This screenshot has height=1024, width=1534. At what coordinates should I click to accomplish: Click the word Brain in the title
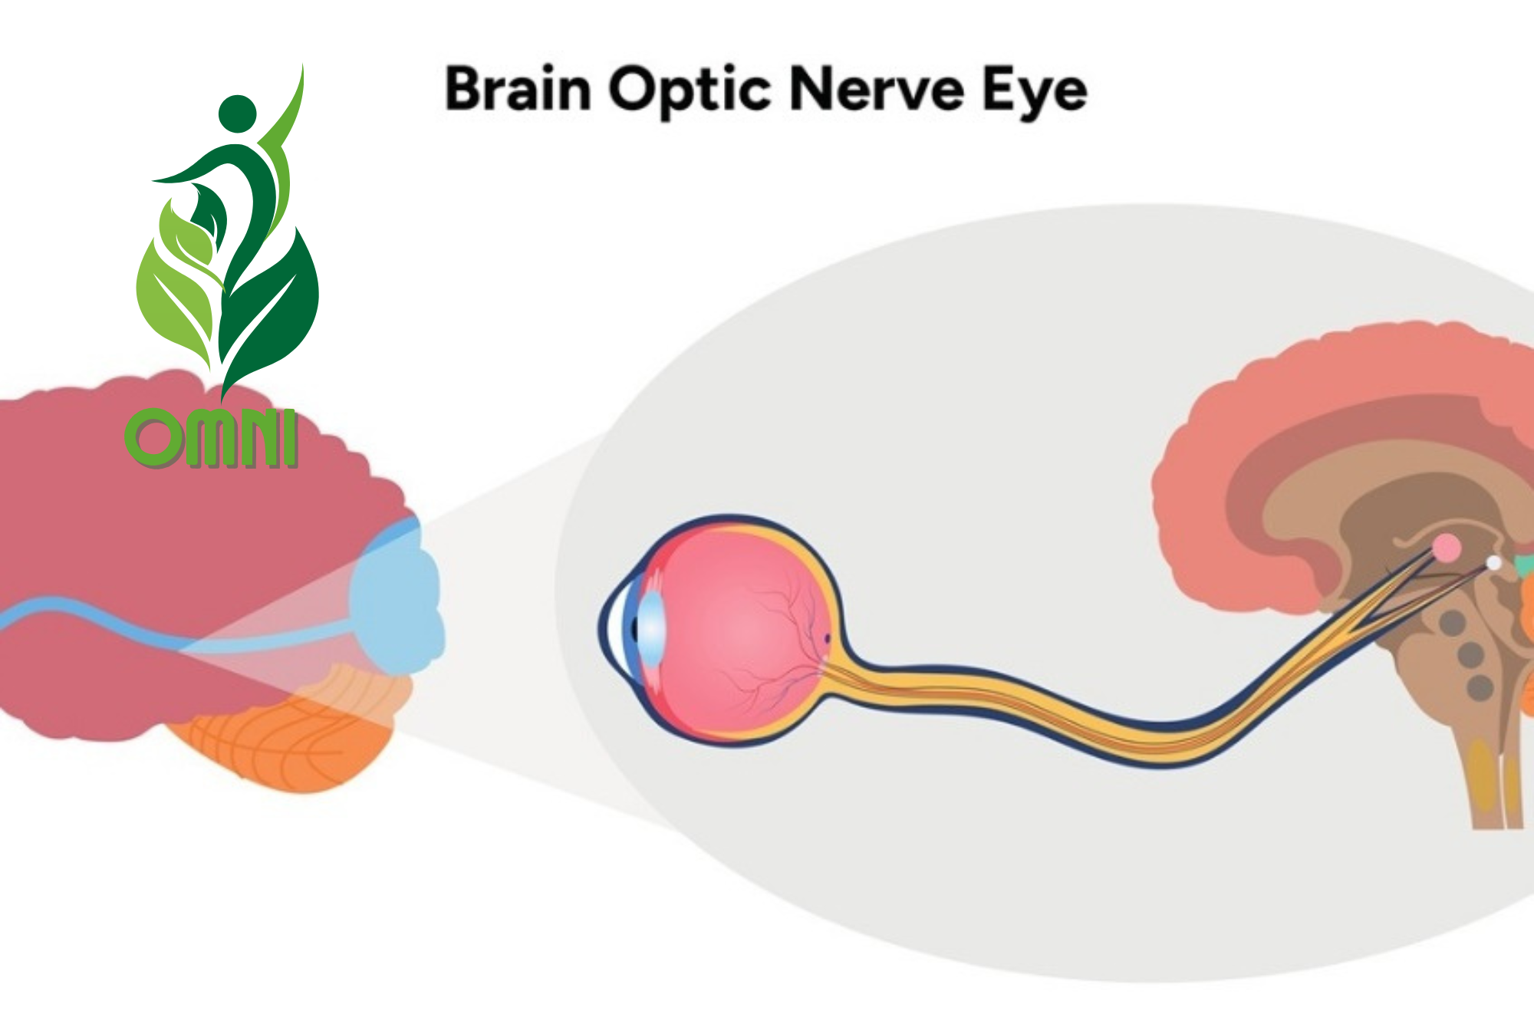[x=518, y=90]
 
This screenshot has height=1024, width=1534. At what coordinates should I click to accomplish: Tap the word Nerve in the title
[x=875, y=90]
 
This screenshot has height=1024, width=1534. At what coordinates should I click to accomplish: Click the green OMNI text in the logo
[x=211, y=439]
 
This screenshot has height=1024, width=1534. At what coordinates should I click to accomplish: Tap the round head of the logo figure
[x=237, y=114]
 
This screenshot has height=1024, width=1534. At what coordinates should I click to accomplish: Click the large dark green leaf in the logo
[x=272, y=307]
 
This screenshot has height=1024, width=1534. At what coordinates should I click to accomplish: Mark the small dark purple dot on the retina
[x=827, y=637]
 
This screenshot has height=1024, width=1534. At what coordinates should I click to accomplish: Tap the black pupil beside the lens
[x=635, y=629]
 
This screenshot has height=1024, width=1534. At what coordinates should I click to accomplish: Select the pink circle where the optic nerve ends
[x=1447, y=548]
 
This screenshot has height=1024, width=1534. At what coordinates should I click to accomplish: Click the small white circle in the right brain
[x=1493, y=563]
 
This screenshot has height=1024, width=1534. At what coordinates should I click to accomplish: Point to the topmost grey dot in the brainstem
[x=1452, y=622]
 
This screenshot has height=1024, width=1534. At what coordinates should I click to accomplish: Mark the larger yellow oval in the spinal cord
[x=1484, y=775]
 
